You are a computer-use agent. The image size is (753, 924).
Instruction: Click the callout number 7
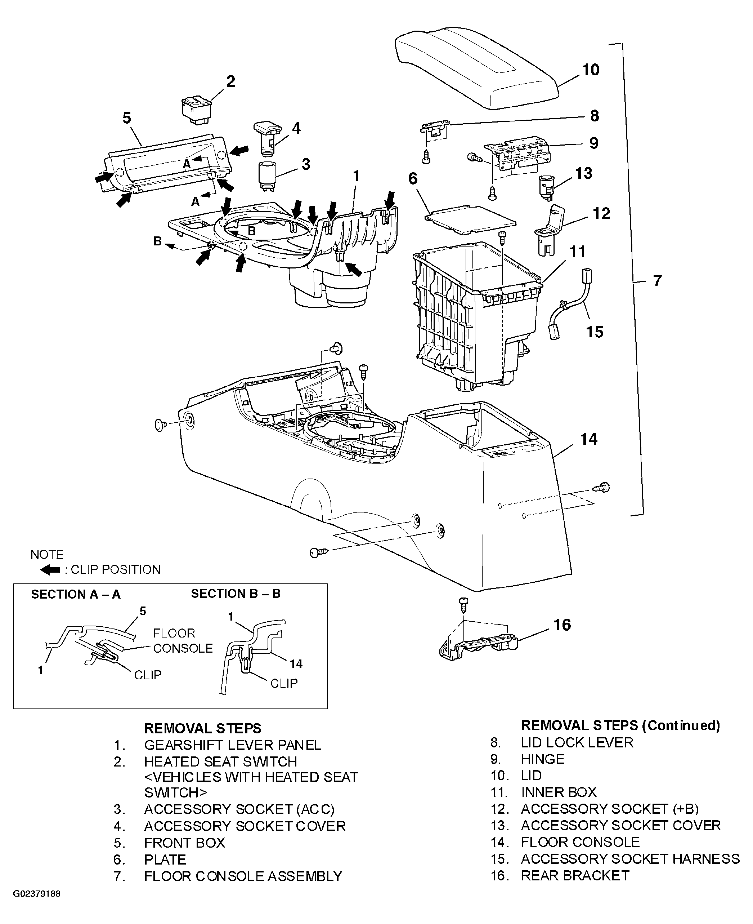(658, 281)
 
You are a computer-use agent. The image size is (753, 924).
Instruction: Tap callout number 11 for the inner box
(577, 252)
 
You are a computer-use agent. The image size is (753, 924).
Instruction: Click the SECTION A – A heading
(76, 594)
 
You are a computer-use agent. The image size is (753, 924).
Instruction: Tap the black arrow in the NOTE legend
(50, 570)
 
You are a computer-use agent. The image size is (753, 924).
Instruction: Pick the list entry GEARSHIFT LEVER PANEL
(233, 745)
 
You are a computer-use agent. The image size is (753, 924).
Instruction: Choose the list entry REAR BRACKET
(575, 875)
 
